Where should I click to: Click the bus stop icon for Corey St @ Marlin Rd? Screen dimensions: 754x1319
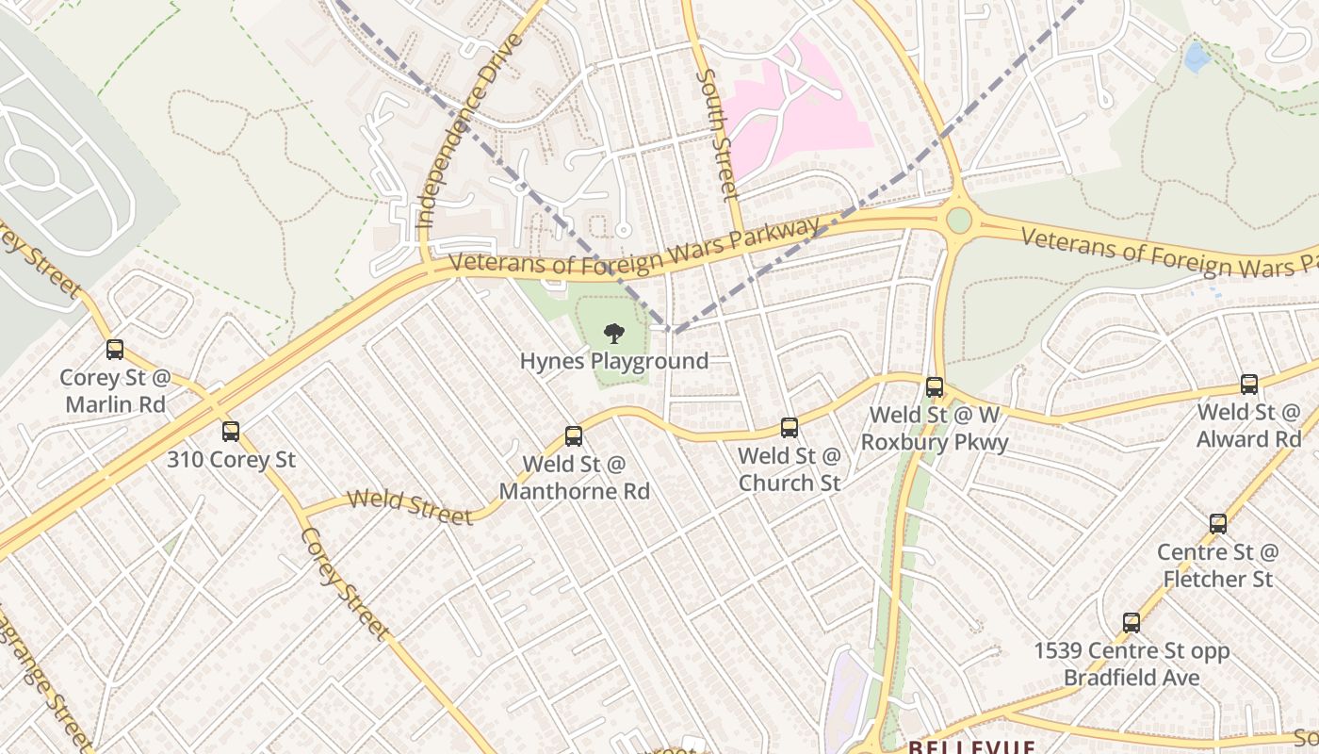[x=115, y=350]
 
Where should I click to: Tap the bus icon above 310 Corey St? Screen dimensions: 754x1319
[x=231, y=432]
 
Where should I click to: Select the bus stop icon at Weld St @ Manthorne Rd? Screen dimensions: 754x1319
[x=574, y=435]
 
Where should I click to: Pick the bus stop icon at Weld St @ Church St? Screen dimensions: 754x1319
[x=790, y=428]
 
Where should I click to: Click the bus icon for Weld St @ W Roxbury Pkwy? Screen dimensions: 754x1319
[x=935, y=386]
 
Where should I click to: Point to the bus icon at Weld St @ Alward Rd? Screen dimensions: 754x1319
[x=1249, y=384]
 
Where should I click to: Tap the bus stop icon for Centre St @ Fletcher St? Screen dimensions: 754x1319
[x=1218, y=524]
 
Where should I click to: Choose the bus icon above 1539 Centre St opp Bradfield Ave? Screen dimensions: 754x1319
[x=1132, y=623]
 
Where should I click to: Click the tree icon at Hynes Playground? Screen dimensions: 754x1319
[x=614, y=333]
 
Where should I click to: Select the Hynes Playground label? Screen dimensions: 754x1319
[x=614, y=361]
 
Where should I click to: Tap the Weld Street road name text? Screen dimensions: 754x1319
[x=410, y=506]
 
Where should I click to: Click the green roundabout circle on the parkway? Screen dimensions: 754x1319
[x=958, y=221]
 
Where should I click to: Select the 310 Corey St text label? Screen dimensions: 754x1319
[x=231, y=460]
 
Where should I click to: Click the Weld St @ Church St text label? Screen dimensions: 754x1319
[x=790, y=469]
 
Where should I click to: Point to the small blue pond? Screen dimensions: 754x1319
[x=1197, y=57]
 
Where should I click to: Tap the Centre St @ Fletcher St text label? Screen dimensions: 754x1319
[x=1217, y=565]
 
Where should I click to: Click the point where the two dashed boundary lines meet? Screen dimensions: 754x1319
[x=670, y=331]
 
